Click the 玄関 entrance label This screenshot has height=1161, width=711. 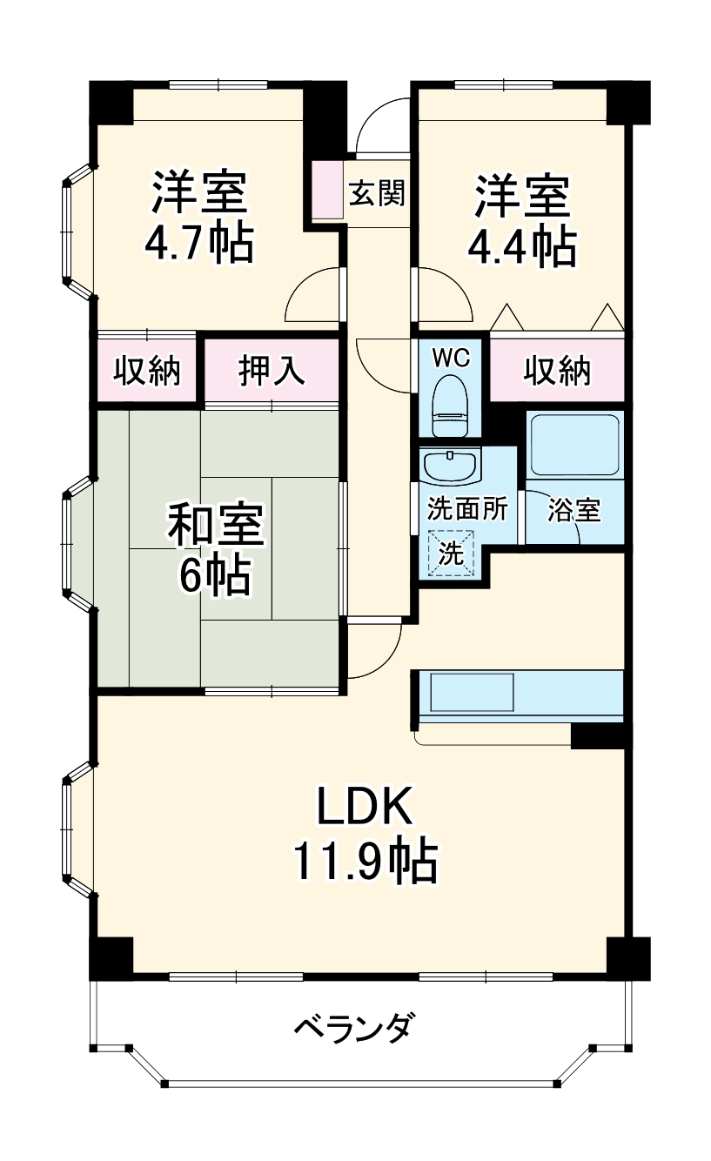coord(378,192)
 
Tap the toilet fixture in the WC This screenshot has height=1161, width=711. coord(451,404)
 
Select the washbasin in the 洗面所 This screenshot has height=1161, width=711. coord(450,465)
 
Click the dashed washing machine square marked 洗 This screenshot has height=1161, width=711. coord(451,553)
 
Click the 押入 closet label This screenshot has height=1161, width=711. coord(271,371)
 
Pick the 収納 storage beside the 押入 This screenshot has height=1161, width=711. coord(147,371)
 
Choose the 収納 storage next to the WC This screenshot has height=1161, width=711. coord(557,371)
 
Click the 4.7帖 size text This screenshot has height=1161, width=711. coord(199,245)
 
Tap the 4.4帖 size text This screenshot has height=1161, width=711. coord(521,247)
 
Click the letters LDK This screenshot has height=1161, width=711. coord(363,809)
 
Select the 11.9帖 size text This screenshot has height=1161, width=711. coord(363,862)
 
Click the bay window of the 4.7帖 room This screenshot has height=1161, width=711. coord(76,232)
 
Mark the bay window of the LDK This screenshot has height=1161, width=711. coord(76,828)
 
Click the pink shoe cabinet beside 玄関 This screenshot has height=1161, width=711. coord(328,189)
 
